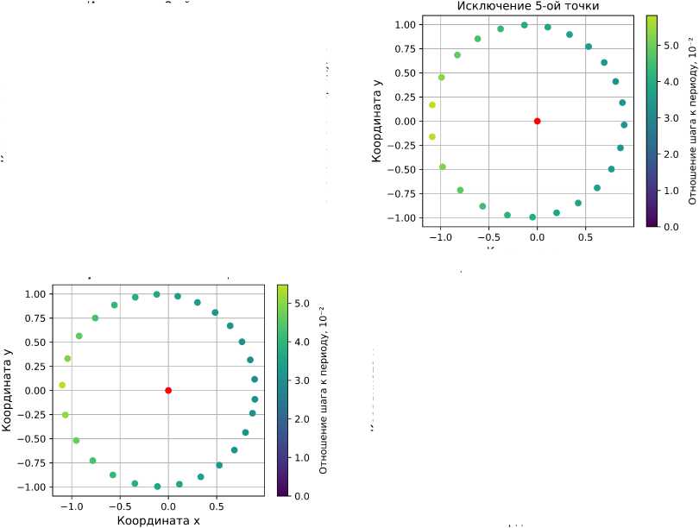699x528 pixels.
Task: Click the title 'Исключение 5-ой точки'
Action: pos(527,7)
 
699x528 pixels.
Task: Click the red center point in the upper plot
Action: pos(537,121)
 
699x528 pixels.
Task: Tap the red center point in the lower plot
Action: pos(168,390)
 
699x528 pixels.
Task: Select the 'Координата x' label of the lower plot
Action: pos(158,520)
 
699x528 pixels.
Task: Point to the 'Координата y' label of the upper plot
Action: pos(377,121)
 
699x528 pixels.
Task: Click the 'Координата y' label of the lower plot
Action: pos(8,390)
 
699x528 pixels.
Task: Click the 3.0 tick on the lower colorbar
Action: pos(304,380)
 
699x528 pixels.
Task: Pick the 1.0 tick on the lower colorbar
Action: pos(304,457)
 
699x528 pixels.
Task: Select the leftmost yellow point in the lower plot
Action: pos(62,385)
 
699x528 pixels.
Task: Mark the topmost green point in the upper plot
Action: pos(524,25)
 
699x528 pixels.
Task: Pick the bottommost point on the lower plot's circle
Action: pos(157,487)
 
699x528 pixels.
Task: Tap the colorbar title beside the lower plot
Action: pos(324,390)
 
